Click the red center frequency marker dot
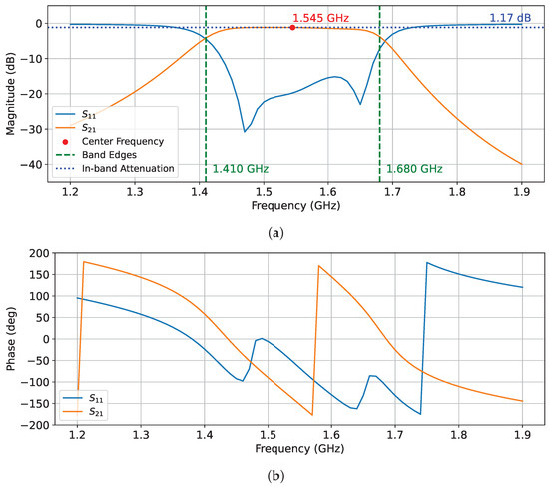click(x=292, y=28)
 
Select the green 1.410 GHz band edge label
click(x=240, y=169)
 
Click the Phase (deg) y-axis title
click(x=12, y=339)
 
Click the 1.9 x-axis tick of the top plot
click(x=521, y=190)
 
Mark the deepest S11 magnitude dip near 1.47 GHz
click(x=245, y=131)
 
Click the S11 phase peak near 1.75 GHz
click(x=427, y=263)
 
